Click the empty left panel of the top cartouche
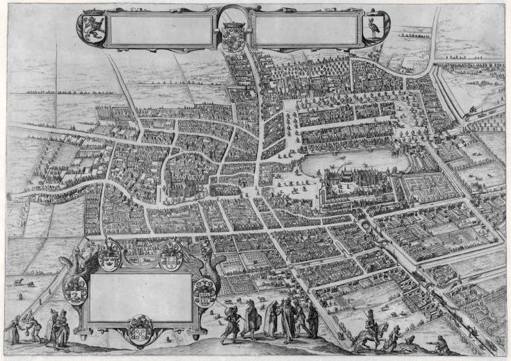160,30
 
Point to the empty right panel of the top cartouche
305,30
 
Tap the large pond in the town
347,162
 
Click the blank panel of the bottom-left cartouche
140,296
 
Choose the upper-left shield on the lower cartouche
109,255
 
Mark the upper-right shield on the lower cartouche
171,255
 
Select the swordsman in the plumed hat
233,323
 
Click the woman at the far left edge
12,330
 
